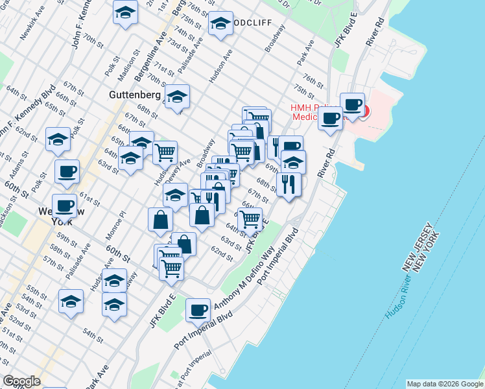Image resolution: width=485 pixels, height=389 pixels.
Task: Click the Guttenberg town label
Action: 134,95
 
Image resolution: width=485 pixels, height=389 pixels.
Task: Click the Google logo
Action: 22,381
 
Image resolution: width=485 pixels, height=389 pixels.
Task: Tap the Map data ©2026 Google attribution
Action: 444,384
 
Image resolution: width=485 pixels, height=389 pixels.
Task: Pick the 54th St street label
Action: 93,336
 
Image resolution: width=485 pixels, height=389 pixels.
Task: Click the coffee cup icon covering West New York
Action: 65,205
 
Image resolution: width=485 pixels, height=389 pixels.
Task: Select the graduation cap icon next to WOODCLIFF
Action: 220,23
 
